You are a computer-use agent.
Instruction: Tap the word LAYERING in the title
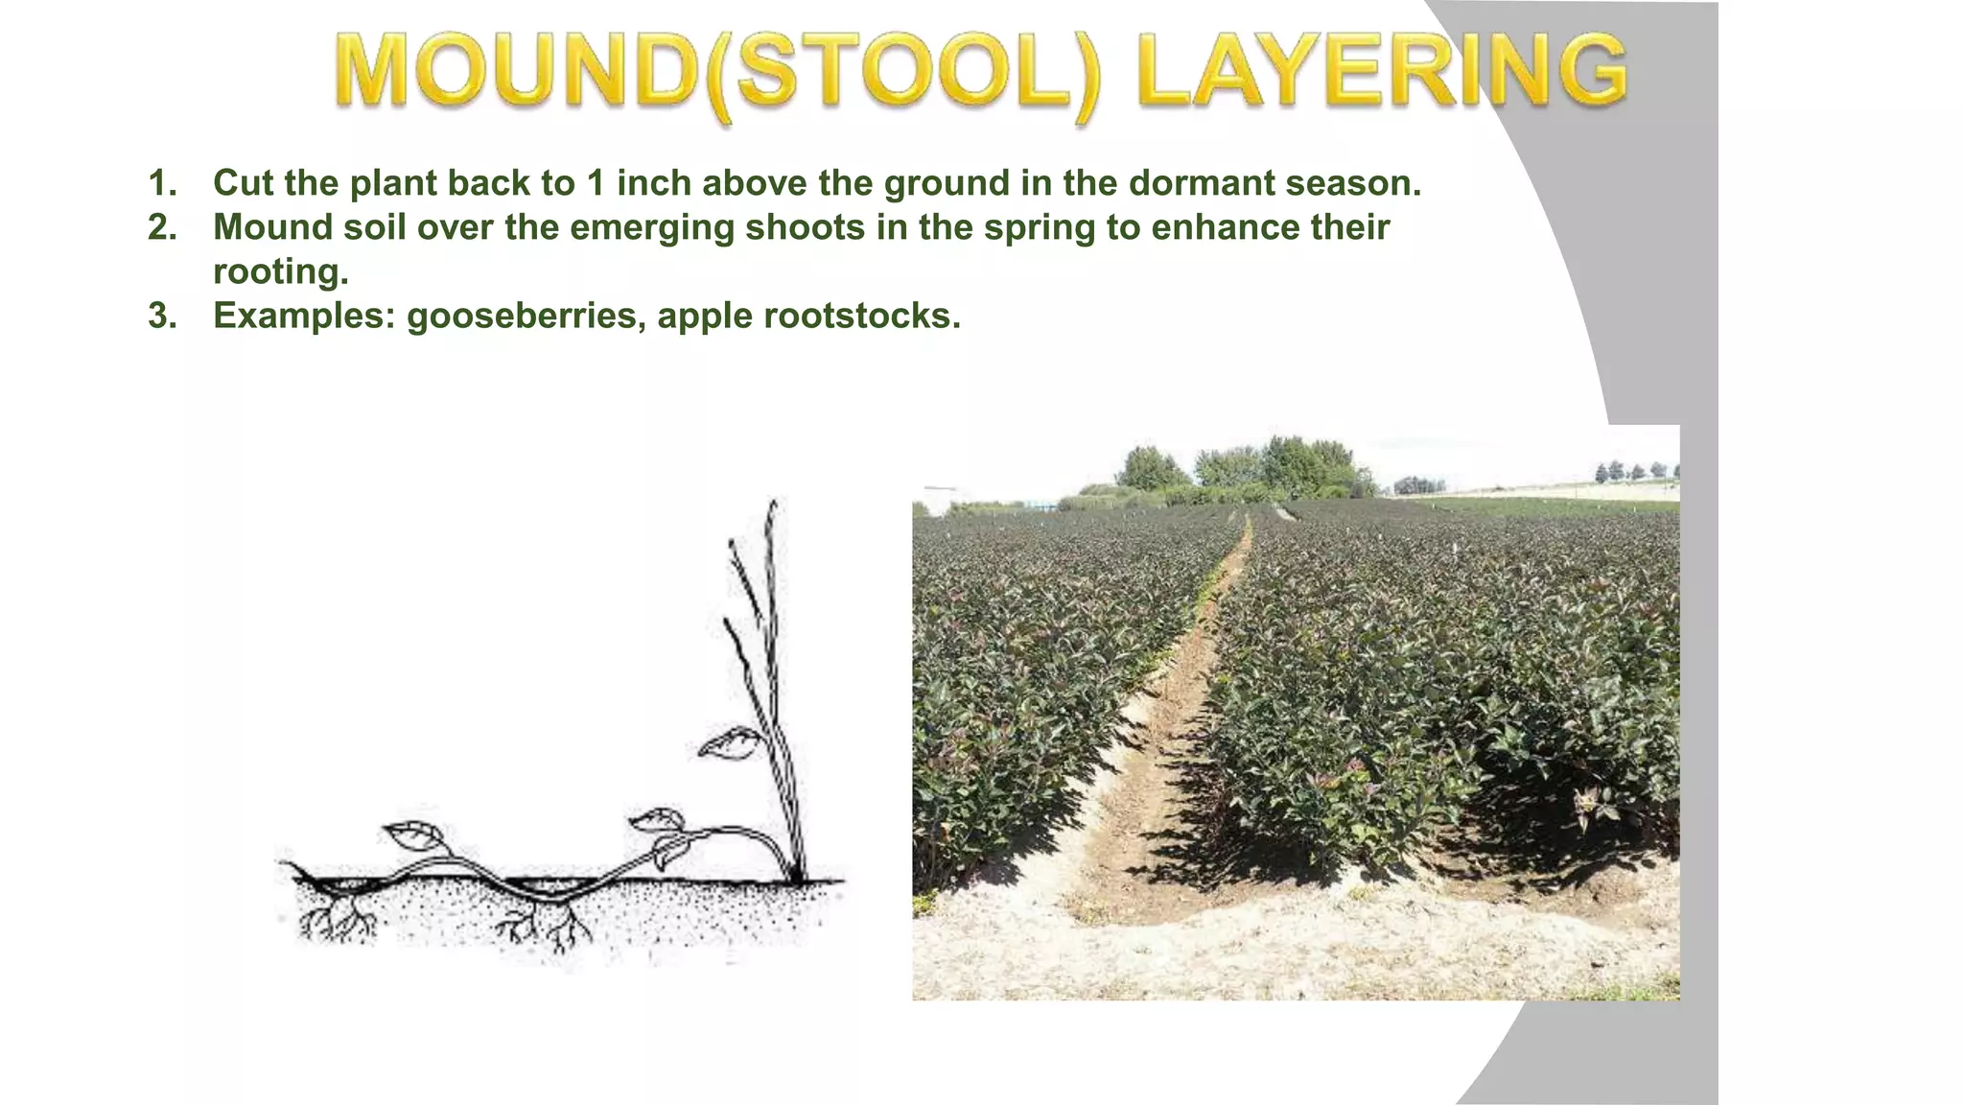point(1381,71)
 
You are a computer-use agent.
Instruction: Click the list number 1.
point(162,183)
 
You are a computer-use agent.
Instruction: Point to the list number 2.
point(162,227)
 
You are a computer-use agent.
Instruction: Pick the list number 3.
point(162,316)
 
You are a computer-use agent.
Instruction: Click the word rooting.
point(280,271)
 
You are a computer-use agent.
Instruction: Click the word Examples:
point(304,317)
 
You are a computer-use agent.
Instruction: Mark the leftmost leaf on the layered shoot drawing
point(412,835)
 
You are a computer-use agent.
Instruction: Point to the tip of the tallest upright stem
point(772,505)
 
